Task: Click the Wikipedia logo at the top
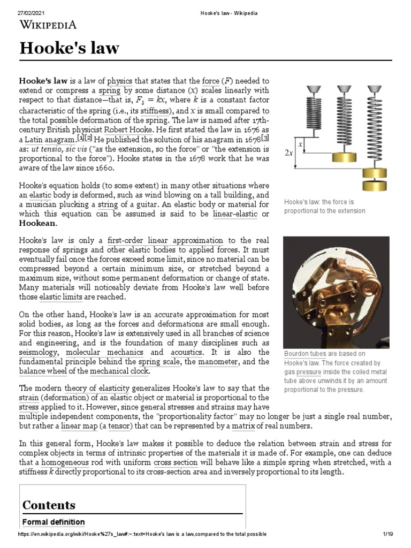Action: [x=48, y=24]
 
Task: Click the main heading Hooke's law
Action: [x=70, y=49]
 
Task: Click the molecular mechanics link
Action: [x=104, y=353]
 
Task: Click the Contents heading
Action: [x=49, y=505]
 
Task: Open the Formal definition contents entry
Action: [x=53, y=522]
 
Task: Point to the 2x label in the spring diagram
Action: [x=289, y=153]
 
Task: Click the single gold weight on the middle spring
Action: [x=344, y=157]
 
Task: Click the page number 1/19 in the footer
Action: [x=388, y=534]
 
